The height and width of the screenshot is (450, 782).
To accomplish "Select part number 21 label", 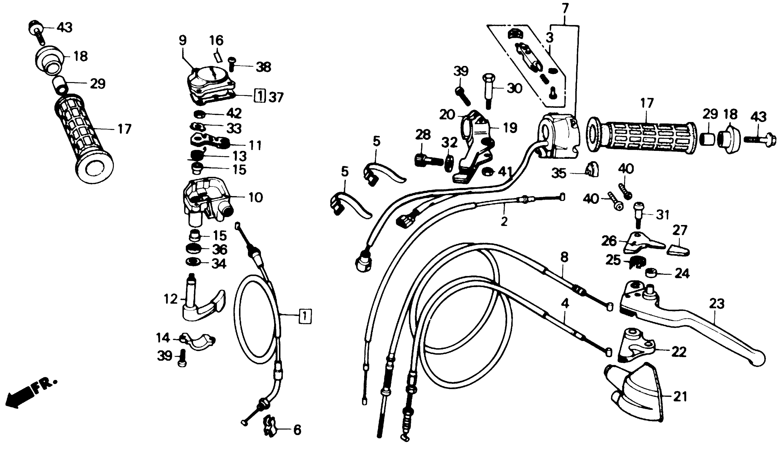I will tap(680, 397).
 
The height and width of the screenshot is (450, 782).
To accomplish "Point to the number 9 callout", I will tap(183, 40).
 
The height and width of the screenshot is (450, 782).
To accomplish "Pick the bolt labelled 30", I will tap(489, 90).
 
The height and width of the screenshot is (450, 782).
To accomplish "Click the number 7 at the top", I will tap(565, 8).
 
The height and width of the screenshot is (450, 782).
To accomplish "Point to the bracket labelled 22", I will tap(635, 346).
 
